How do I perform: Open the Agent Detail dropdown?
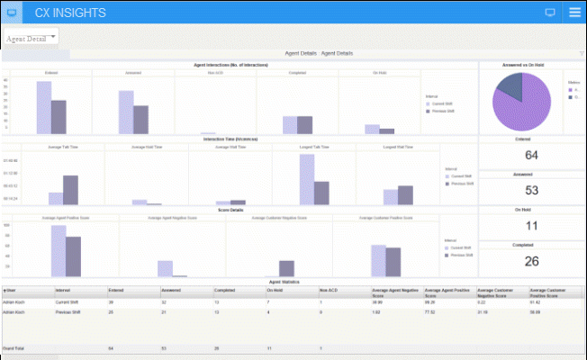click(32, 39)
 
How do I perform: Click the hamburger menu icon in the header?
click(574, 13)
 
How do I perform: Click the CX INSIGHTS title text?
click(69, 13)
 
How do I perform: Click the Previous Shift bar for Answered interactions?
click(140, 120)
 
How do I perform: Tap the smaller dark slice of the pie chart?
click(510, 86)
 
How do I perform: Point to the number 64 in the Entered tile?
click(531, 156)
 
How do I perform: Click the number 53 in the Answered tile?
click(531, 190)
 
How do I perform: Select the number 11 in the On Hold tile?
click(531, 225)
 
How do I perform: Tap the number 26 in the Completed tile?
click(531, 261)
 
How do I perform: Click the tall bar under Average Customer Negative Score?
click(286, 267)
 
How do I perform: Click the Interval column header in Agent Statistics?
click(65, 291)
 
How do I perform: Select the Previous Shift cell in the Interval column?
click(69, 313)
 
